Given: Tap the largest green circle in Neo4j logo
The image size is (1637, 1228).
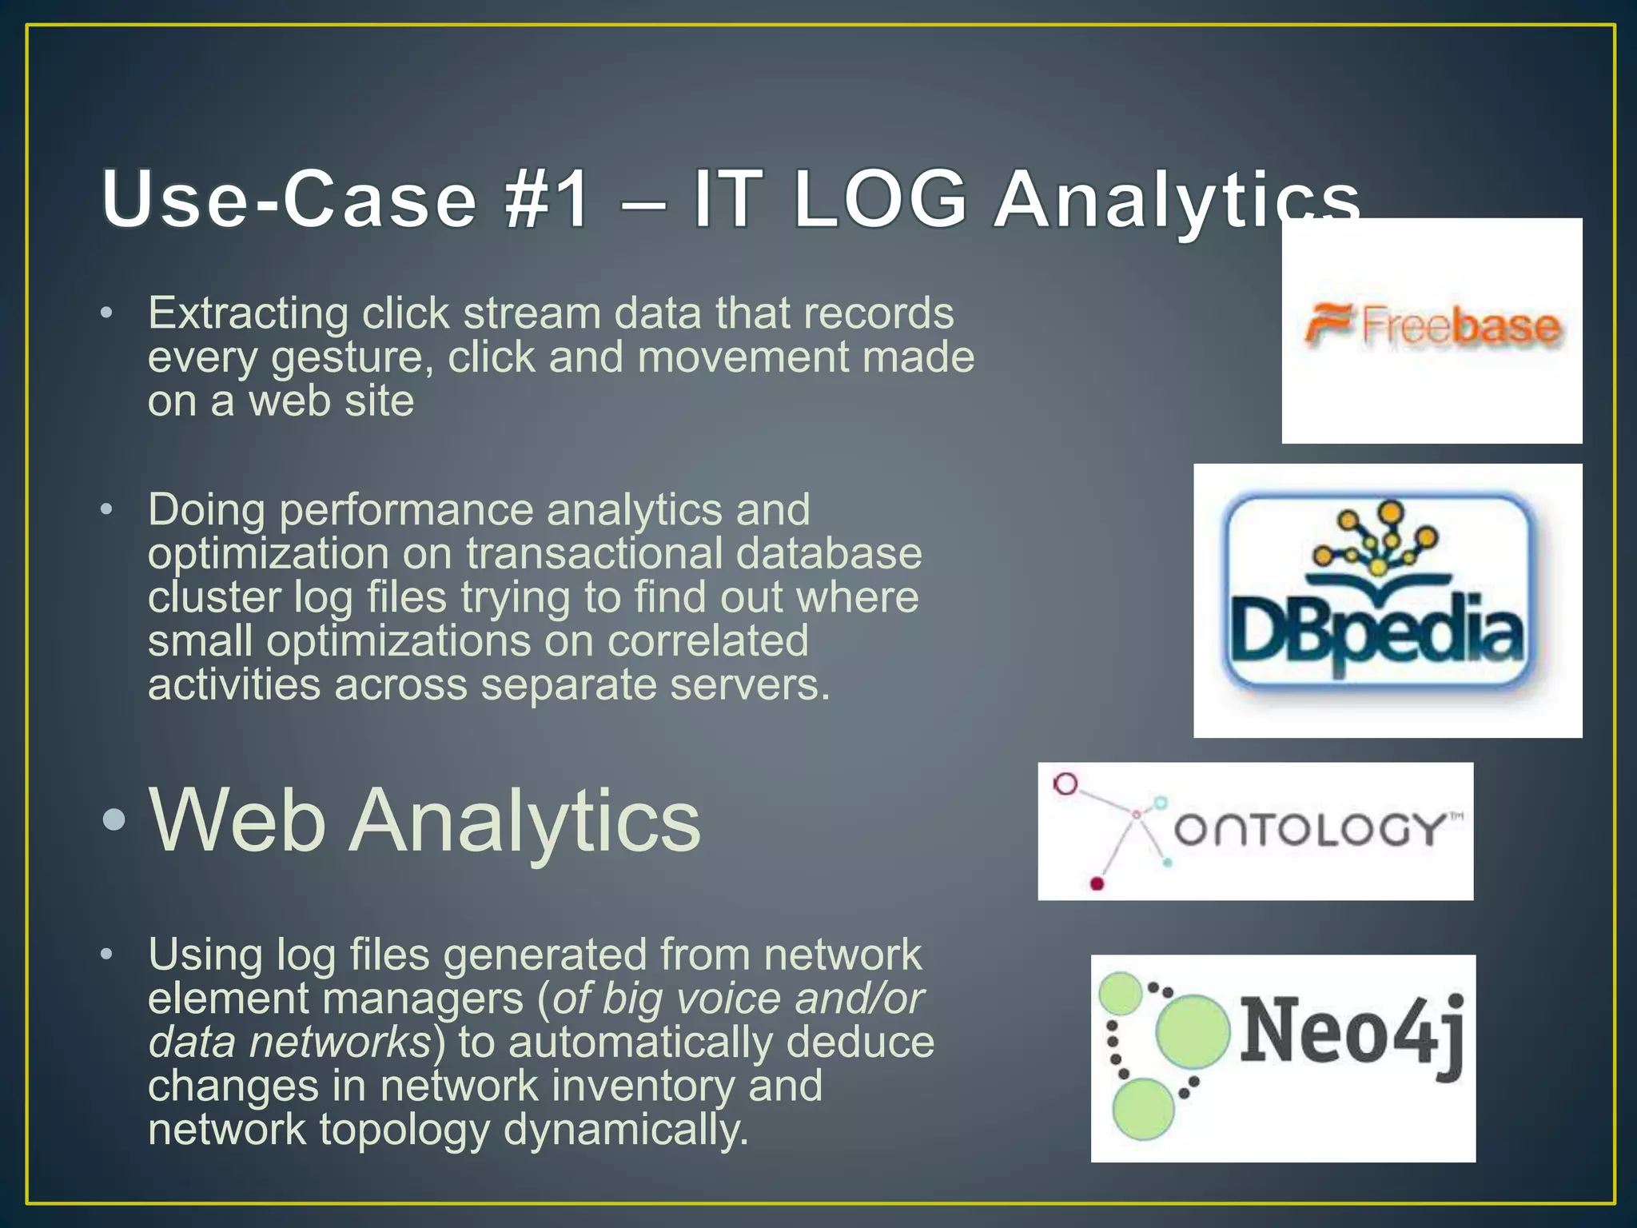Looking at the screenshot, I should pos(1192,1031).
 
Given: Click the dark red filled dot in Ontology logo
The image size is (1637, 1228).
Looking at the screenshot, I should pos(1097,883).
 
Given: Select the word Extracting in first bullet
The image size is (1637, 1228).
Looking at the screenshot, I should pos(248,313).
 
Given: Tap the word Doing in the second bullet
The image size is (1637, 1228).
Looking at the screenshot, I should pos(206,510).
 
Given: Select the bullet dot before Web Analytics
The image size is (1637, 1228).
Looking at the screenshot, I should pos(114,819).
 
